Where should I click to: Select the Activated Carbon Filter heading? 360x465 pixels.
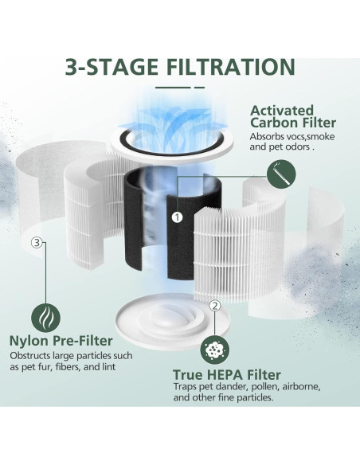pyautogui.click(x=293, y=116)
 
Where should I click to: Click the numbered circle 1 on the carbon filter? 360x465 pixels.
pyautogui.click(x=177, y=216)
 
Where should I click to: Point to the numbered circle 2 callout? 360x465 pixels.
pyautogui.click(x=214, y=306)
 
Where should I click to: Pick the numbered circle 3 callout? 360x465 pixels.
pyautogui.click(x=35, y=243)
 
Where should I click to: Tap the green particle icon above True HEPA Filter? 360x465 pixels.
pyautogui.click(x=214, y=348)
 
